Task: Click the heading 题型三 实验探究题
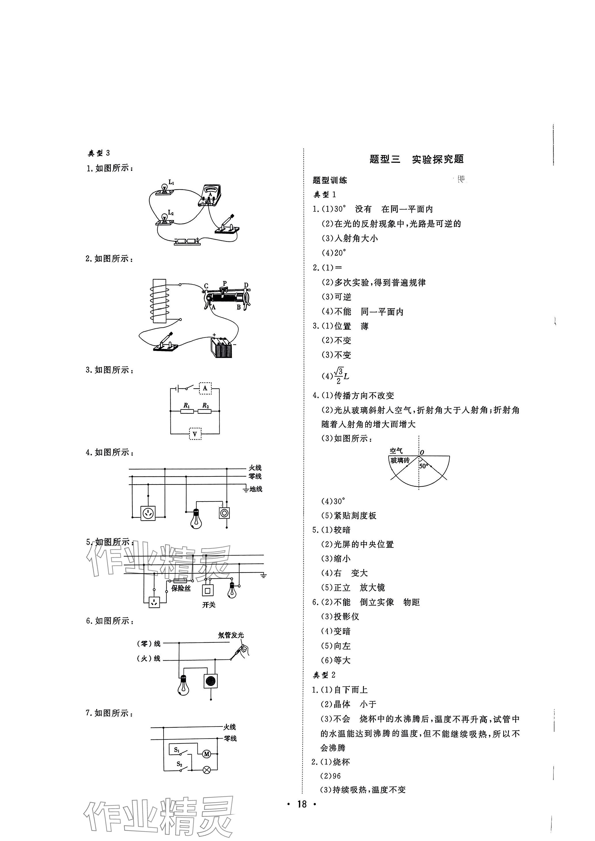pos(417,159)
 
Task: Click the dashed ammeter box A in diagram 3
pos(205,388)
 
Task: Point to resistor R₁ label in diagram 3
pos(187,405)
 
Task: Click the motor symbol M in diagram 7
pos(207,754)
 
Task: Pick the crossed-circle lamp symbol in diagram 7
pos(207,770)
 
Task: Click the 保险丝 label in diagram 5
pos(181,589)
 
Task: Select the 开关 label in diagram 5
pos(209,605)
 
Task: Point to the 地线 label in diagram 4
pos(256,489)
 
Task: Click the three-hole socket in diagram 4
pos(148,513)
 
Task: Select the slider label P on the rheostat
pos(225,283)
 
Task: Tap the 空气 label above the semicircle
pos(396,451)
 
